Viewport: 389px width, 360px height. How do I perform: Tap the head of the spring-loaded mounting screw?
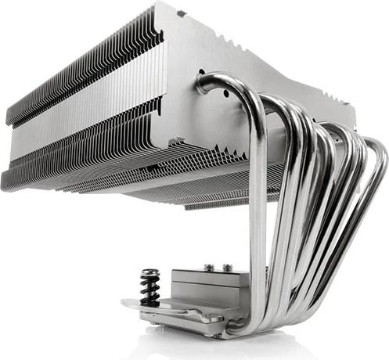click(x=149, y=274)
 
